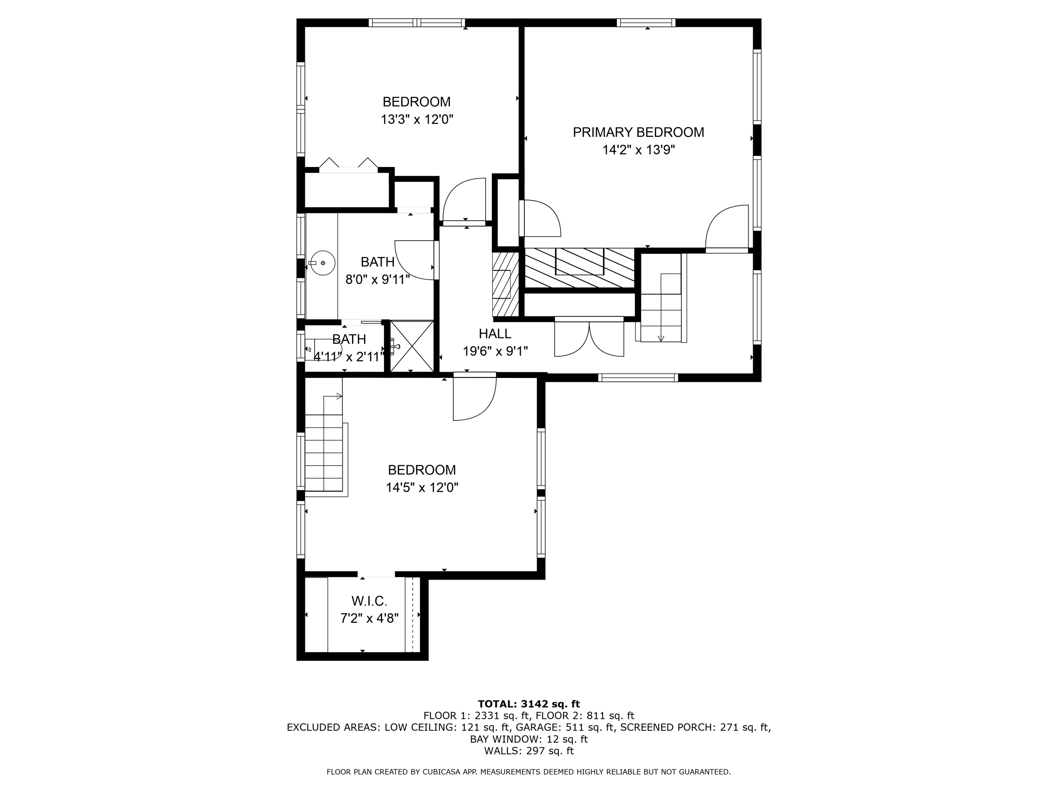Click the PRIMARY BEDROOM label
tap(639, 132)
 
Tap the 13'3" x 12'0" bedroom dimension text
tap(416, 119)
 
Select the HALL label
tap(495, 333)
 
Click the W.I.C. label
tap(369, 601)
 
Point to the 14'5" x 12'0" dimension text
tap(422, 488)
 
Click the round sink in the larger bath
tap(322, 263)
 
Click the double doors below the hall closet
tap(589, 338)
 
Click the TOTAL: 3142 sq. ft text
tap(529, 704)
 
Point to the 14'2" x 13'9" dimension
tap(639, 150)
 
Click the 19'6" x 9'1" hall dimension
tap(495, 351)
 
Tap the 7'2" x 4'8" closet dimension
tap(369, 618)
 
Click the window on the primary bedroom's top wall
tap(646, 23)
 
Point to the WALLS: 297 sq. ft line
tap(529, 751)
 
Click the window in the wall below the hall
tap(638, 378)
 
